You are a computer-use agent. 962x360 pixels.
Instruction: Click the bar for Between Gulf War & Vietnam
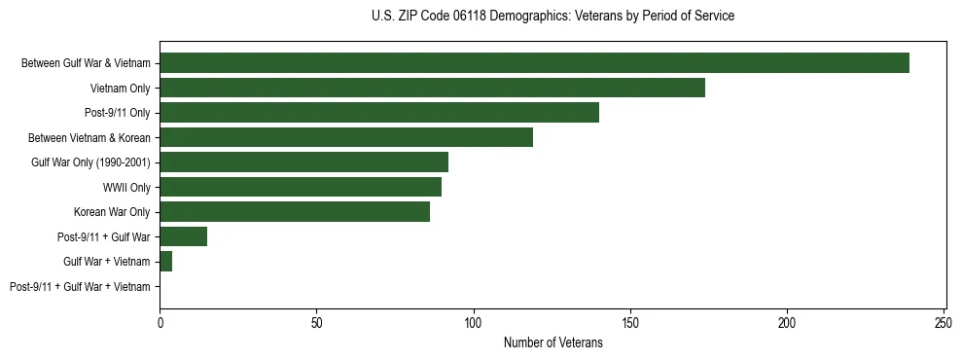(x=534, y=63)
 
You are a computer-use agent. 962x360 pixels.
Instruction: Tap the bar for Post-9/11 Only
(x=379, y=113)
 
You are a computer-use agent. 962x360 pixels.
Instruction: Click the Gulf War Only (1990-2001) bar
(x=303, y=162)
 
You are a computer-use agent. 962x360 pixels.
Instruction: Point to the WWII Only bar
(x=301, y=187)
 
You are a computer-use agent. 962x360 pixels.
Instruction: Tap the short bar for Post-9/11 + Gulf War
(x=183, y=236)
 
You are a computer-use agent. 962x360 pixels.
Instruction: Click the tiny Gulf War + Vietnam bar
(x=165, y=262)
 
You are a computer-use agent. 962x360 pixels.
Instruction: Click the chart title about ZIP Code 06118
(x=552, y=17)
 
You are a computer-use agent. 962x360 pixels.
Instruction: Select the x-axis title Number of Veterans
(x=552, y=343)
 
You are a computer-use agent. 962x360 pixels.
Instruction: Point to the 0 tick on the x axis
(x=160, y=321)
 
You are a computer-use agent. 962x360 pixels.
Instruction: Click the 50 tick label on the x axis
(x=316, y=321)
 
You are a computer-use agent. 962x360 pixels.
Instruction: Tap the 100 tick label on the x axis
(x=474, y=321)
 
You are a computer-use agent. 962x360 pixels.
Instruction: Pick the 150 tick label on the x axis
(x=630, y=321)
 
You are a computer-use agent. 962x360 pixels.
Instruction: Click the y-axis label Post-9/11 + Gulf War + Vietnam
(x=80, y=287)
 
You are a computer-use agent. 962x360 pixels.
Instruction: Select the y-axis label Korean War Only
(x=112, y=212)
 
